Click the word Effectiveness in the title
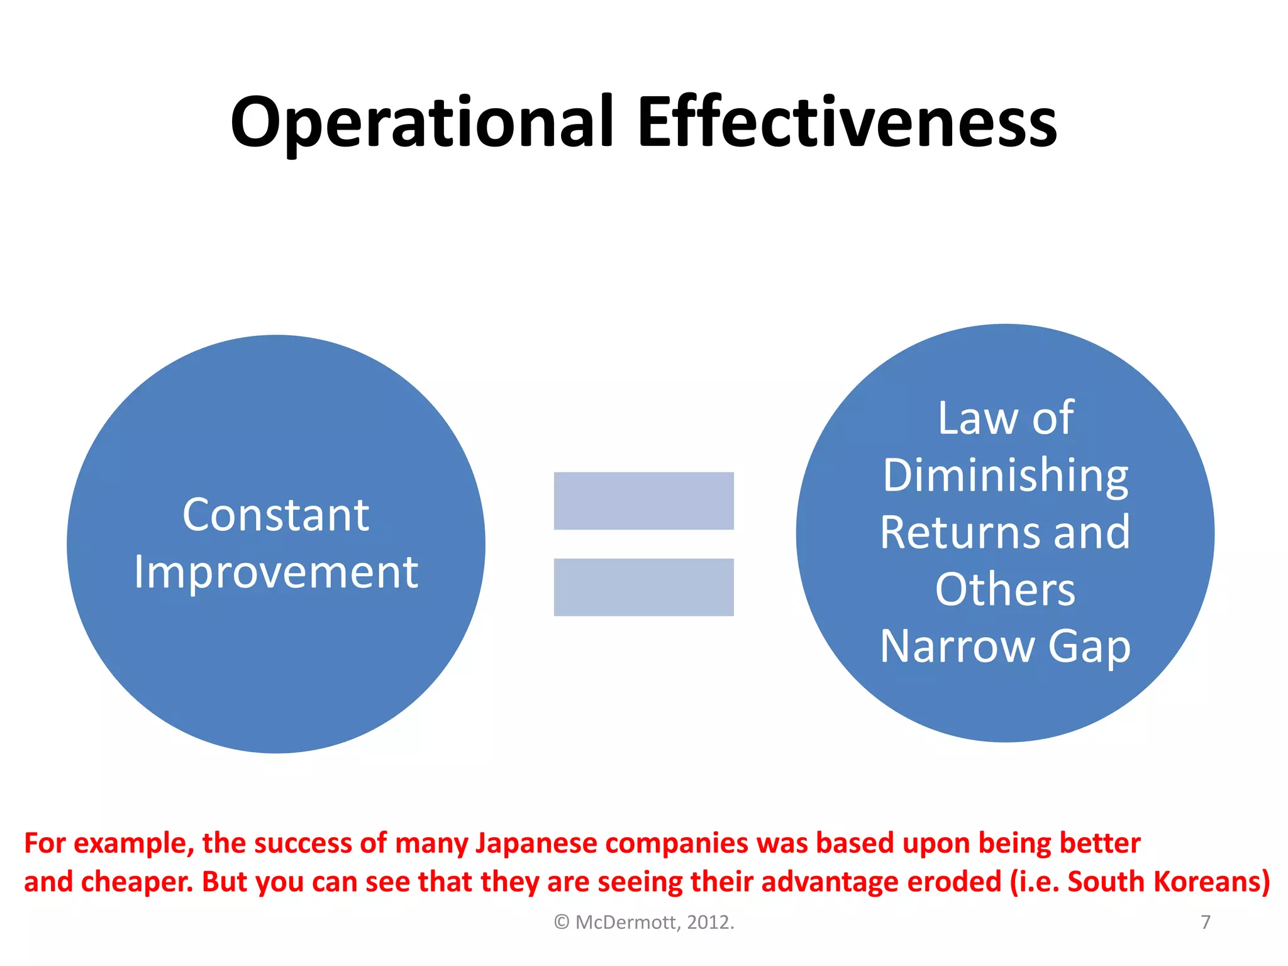[847, 123]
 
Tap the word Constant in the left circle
[275, 515]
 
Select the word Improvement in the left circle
[275, 572]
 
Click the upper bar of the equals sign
[643, 501]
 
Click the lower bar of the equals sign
[643, 587]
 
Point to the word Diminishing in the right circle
[1005, 476]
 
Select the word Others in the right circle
[1005, 589]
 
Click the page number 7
[1205, 922]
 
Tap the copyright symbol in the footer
[562, 923]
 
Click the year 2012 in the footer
[708, 923]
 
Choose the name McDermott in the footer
[625, 923]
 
